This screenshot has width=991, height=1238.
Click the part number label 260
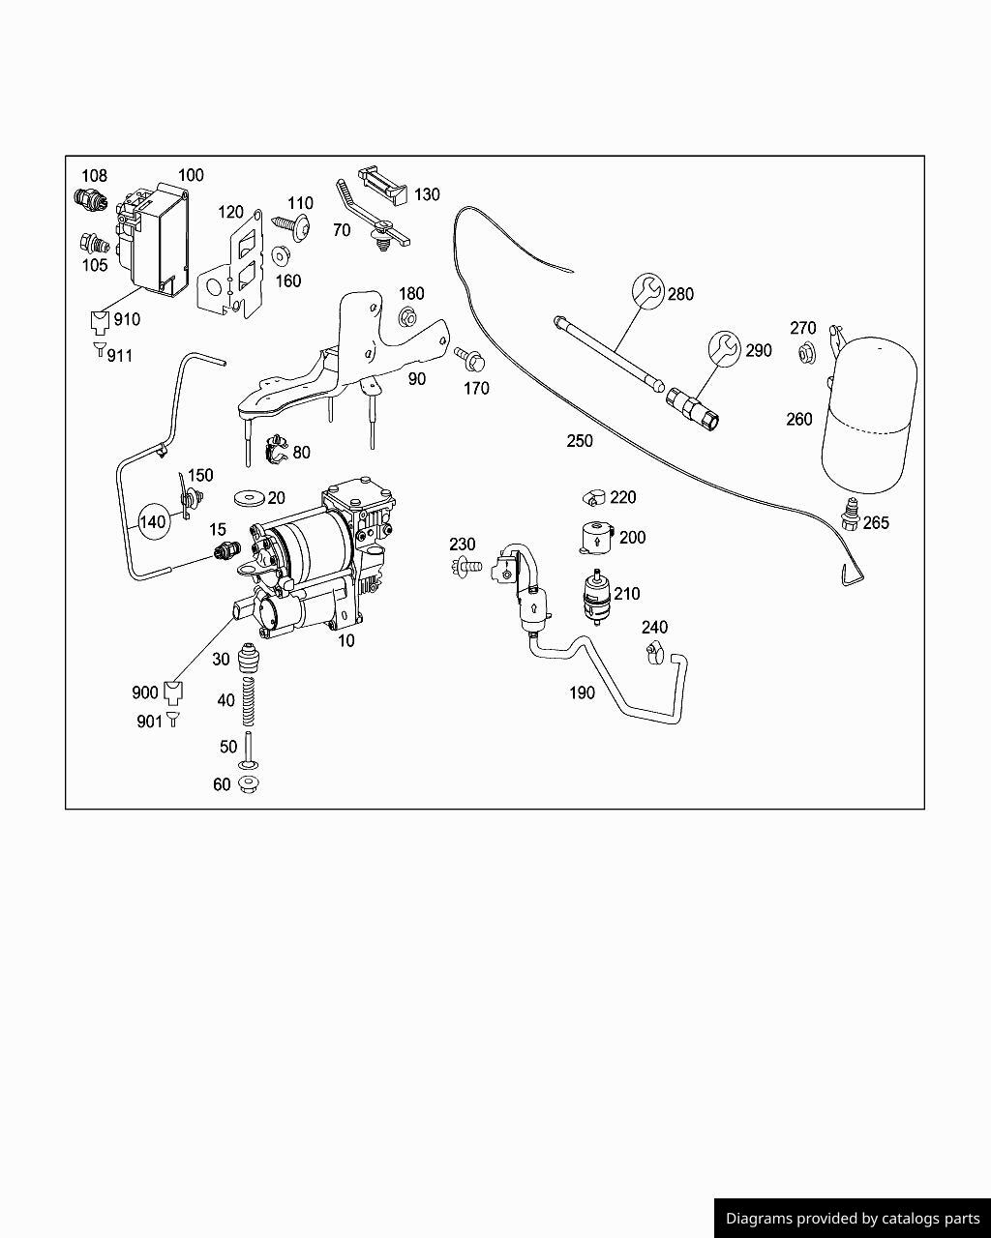799,420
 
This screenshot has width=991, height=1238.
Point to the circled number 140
153,522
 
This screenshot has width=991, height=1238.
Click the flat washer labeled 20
249,498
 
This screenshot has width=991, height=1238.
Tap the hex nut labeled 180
408,316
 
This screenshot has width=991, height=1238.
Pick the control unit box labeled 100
155,238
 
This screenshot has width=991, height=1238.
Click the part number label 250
580,441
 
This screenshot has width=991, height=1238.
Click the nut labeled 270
805,354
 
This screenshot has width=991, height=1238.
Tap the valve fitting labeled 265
851,512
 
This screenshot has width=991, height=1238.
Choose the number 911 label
119,356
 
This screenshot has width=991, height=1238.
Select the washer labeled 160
282,256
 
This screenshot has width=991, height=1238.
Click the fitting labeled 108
89,199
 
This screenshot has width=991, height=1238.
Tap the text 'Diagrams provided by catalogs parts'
853,1219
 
